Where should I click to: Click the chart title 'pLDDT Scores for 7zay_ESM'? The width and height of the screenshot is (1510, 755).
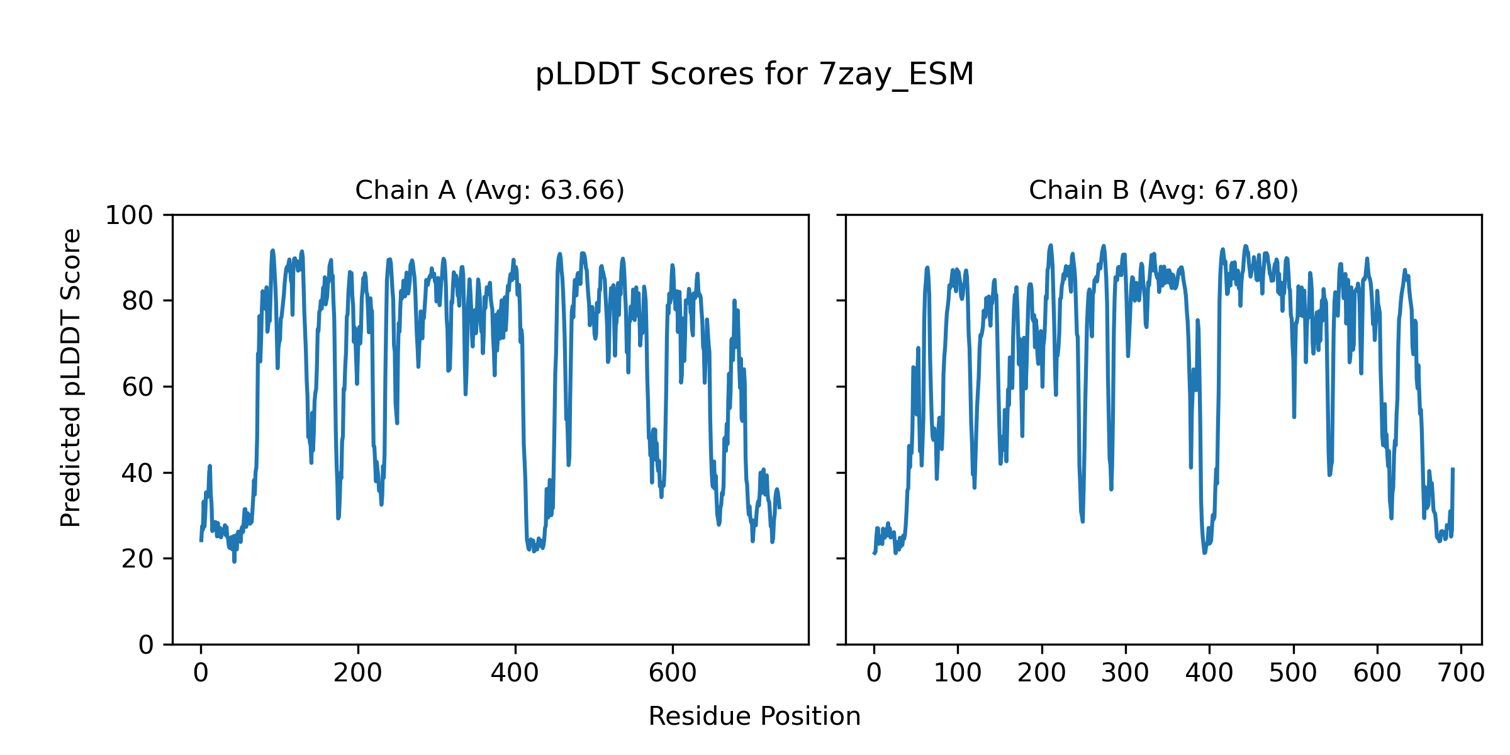tap(754, 75)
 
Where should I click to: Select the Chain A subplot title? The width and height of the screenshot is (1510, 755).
tap(489, 190)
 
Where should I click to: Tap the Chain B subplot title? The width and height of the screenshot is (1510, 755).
tap(1163, 190)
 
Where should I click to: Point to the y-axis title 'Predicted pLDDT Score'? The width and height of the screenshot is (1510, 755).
tap(71, 377)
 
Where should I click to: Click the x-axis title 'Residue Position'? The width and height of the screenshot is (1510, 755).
tap(754, 717)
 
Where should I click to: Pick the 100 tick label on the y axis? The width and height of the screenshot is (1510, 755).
tap(129, 216)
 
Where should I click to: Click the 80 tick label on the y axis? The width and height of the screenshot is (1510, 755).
tap(138, 301)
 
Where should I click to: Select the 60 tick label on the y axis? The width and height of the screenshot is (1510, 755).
tap(138, 387)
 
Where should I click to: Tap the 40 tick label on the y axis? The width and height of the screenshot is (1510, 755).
tap(138, 473)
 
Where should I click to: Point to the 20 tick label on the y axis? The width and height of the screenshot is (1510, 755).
tap(138, 559)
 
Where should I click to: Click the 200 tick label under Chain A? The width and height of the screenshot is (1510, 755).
tap(358, 673)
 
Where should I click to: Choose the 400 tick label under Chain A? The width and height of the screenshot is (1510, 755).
tap(515, 673)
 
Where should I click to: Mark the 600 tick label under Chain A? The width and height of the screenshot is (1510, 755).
tap(673, 673)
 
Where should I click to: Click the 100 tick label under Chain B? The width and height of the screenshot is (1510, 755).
tap(958, 673)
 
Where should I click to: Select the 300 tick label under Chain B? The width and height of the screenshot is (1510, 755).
tap(1126, 673)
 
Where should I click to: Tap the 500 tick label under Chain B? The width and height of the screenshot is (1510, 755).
tap(1294, 673)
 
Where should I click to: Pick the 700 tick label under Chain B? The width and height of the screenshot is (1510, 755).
tap(1461, 673)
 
